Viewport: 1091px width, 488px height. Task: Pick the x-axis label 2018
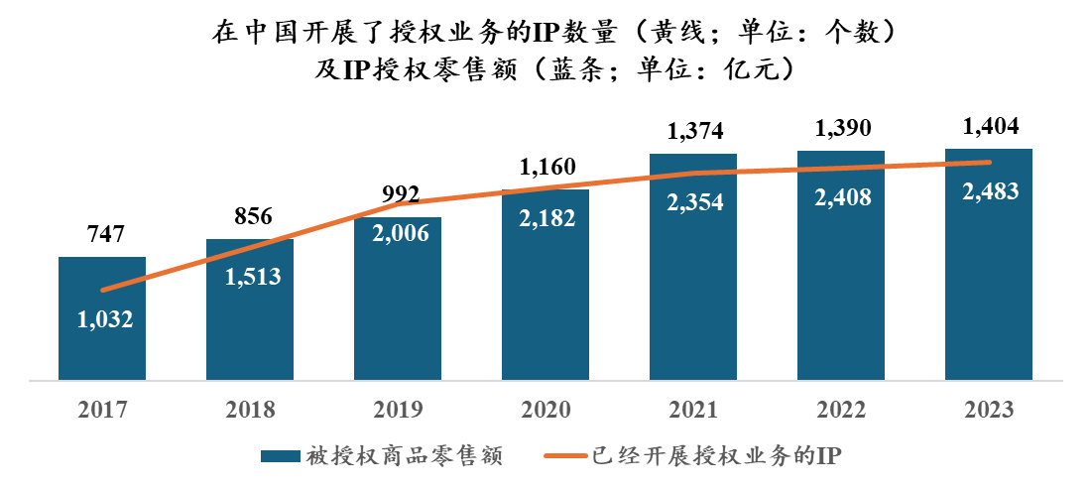coord(250,408)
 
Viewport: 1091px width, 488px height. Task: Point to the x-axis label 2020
coord(545,408)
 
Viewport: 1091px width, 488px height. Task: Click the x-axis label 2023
coord(989,408)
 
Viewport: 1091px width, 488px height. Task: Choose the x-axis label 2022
coord(841,408)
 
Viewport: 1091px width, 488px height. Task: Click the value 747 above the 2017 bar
coord(102,234)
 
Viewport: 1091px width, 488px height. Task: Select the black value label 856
coord(250,215)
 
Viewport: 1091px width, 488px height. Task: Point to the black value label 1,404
coord(989,127)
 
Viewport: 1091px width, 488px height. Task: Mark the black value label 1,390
coord(841,128)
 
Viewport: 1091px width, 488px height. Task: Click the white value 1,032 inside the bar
coord(102,319)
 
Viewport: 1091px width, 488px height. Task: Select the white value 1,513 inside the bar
coord(250,277)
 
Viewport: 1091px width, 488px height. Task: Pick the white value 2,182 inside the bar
coord(545,216)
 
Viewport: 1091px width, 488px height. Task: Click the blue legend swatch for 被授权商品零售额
coord(280,456)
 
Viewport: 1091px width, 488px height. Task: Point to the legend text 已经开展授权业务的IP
coord(715,456)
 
